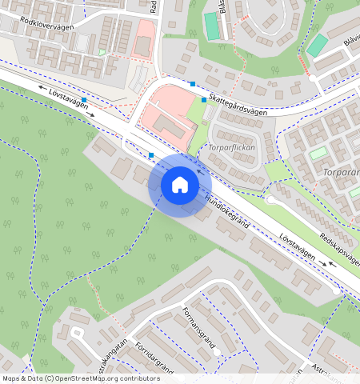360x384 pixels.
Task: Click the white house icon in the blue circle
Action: click(180, 185)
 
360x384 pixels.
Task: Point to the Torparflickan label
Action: click(230, 148)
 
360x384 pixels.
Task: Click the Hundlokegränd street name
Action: click(226, 214)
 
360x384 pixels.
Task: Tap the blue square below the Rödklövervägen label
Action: click(84, 99)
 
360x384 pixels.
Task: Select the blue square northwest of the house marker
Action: click(151, 154)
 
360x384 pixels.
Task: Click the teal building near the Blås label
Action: click(211, 25)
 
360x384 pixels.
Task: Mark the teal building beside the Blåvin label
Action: click(318, 44)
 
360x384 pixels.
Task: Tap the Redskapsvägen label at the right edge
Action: click(341, 249)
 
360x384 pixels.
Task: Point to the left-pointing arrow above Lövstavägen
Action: click(41, 86)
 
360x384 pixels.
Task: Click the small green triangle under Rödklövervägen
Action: click(102, 52)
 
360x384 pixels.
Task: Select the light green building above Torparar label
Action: click(318, 152)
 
